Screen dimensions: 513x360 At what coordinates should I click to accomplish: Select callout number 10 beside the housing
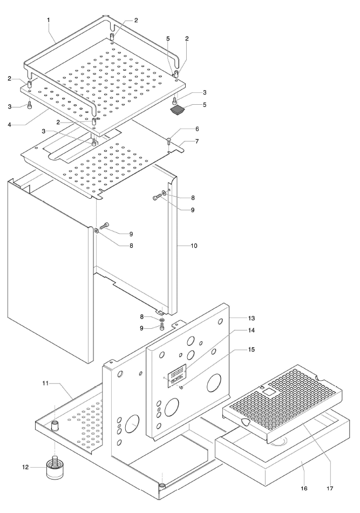click(x=193, y=246)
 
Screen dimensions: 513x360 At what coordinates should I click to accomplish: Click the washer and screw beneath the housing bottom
click(x=161, y=320)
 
